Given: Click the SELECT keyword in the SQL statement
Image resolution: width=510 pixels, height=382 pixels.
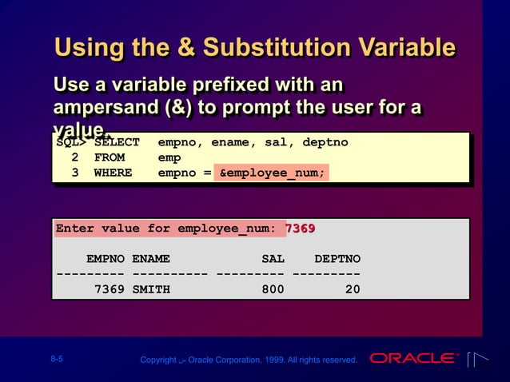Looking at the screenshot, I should point(117,143).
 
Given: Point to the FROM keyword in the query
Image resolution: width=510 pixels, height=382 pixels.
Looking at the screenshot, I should point(110,157).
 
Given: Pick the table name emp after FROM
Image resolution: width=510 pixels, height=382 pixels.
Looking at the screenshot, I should point(169,157).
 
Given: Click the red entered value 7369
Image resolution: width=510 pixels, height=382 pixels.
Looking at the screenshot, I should point(301,229).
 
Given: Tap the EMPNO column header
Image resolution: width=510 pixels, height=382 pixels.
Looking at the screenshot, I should point(106,259).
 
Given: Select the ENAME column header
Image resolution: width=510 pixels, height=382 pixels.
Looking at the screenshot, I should point(151,259).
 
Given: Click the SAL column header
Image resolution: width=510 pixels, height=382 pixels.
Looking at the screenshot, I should point(273,259).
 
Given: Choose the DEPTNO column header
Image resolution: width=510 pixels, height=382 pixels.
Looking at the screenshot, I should point(337,259).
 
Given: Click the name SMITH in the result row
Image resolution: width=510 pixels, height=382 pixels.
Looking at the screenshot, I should point(151,289).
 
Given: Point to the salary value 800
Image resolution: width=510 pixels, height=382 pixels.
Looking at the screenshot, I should point(273,289).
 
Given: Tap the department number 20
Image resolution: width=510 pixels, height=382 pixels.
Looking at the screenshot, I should point(352,289).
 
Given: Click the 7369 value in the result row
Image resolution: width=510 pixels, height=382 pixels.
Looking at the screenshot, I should point(109,289).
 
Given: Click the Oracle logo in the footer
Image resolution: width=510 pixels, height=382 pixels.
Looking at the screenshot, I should point(413,358).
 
